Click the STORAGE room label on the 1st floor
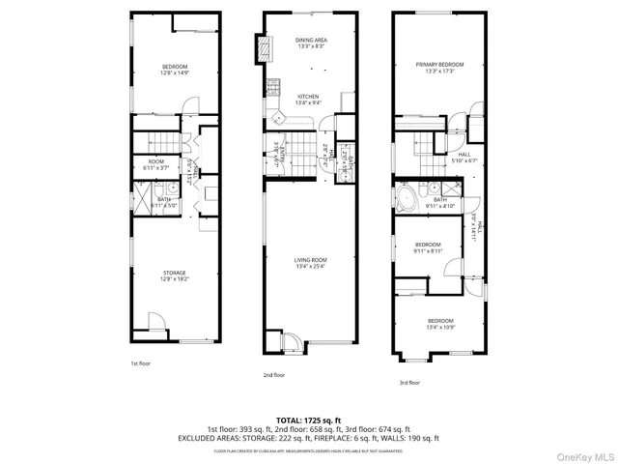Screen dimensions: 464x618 174,273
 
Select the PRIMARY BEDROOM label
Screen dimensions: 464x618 439,65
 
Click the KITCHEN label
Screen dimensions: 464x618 308,97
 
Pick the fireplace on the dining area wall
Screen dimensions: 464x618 259,48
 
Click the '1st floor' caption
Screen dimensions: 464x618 141,363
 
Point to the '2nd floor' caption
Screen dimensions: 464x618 273,374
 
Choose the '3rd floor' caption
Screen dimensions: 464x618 410,383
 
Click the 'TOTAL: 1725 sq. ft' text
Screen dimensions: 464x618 308,420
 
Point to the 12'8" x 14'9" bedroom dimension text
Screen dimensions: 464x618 174,71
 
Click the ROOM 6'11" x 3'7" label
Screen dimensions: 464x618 155,164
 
